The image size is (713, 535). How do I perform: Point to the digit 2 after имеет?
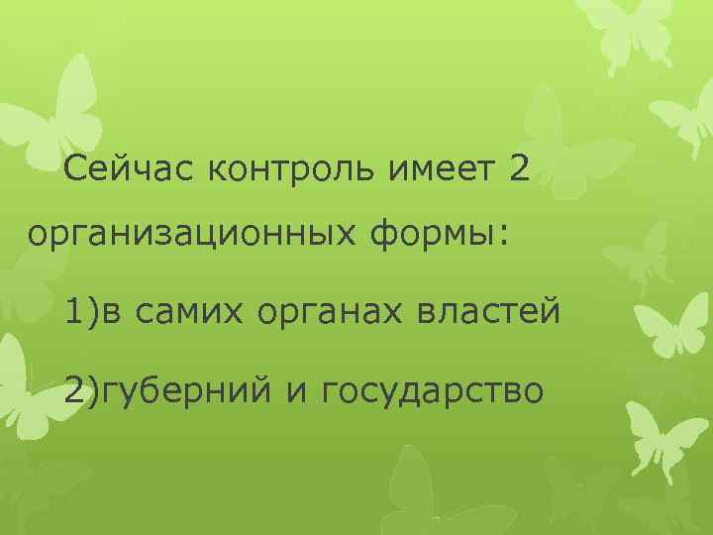point(520,170)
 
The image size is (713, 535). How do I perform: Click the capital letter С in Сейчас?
point(72,170)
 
